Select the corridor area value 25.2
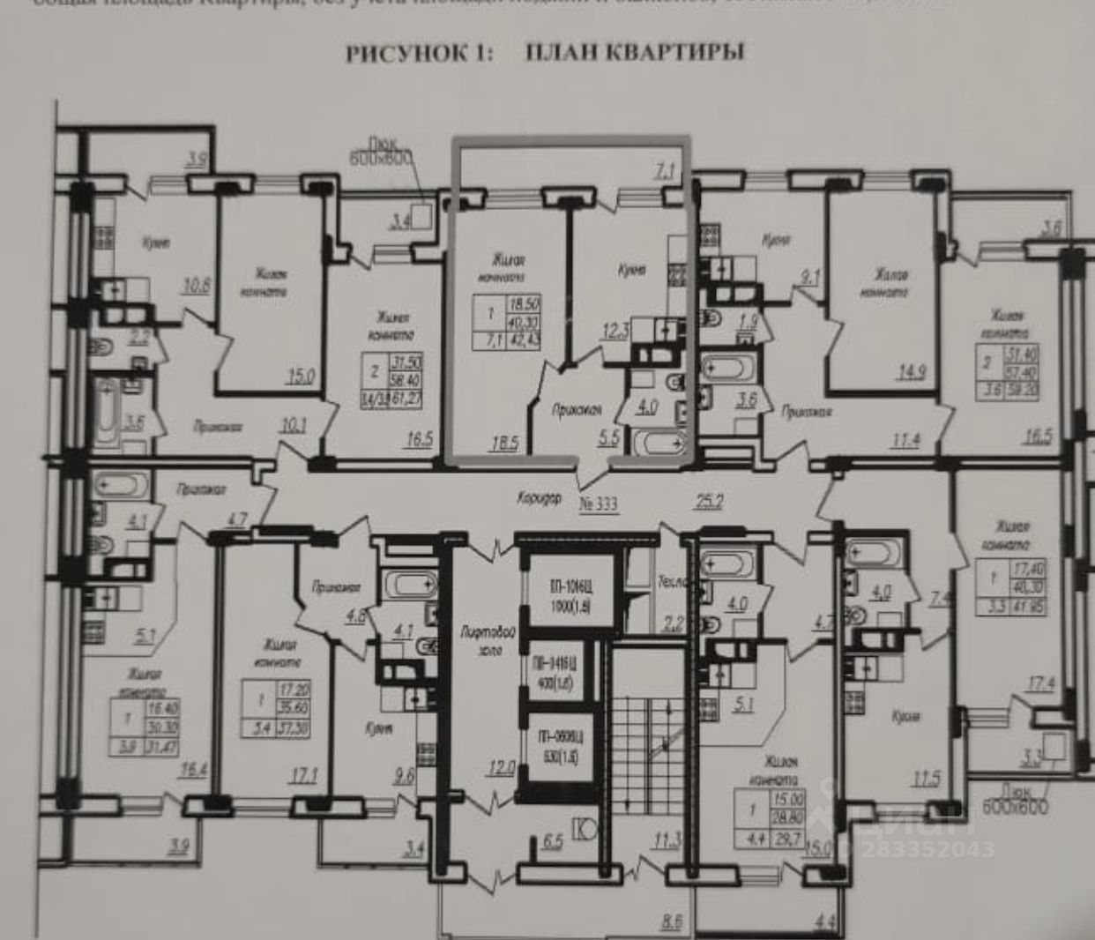coord(709,502)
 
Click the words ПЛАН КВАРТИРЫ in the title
coord(635,52)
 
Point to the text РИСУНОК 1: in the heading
coord(419,53)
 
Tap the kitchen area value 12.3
coord(615,332)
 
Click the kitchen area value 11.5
coord(926,779)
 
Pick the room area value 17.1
coord(302,776)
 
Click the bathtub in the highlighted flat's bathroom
coord(661,442)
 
